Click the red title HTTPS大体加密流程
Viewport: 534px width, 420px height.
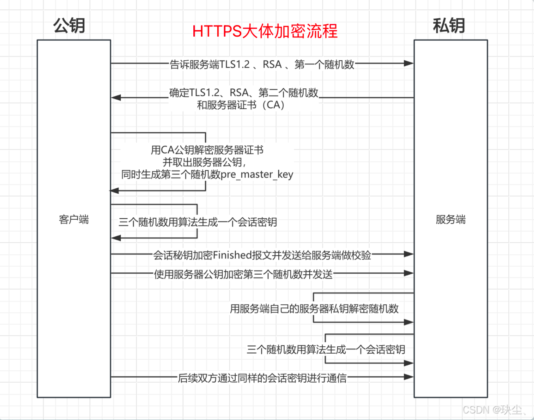click(265, 31)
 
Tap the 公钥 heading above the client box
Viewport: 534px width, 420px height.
click(69, 26)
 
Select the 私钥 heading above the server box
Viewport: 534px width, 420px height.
click(449, 26)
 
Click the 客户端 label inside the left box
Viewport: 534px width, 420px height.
click(74, 220)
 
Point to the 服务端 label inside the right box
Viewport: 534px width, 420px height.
click(451, 220)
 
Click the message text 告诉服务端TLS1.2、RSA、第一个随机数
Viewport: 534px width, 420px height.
click(262, 64)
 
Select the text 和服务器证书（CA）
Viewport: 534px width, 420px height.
click(241, 105)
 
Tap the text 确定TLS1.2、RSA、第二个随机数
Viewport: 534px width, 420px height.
click(244, 93)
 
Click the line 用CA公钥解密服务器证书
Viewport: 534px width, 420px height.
click(207, 150)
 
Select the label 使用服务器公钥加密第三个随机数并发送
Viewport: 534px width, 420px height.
click(243, 274)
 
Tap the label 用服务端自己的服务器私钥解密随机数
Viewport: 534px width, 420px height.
click(314, 309)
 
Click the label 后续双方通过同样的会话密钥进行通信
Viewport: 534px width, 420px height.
click(263, 378)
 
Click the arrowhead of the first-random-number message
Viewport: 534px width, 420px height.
click(409, 63)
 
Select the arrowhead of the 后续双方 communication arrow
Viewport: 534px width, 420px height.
click(409, 377)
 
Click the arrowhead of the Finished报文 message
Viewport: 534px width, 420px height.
click(409, 254)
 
